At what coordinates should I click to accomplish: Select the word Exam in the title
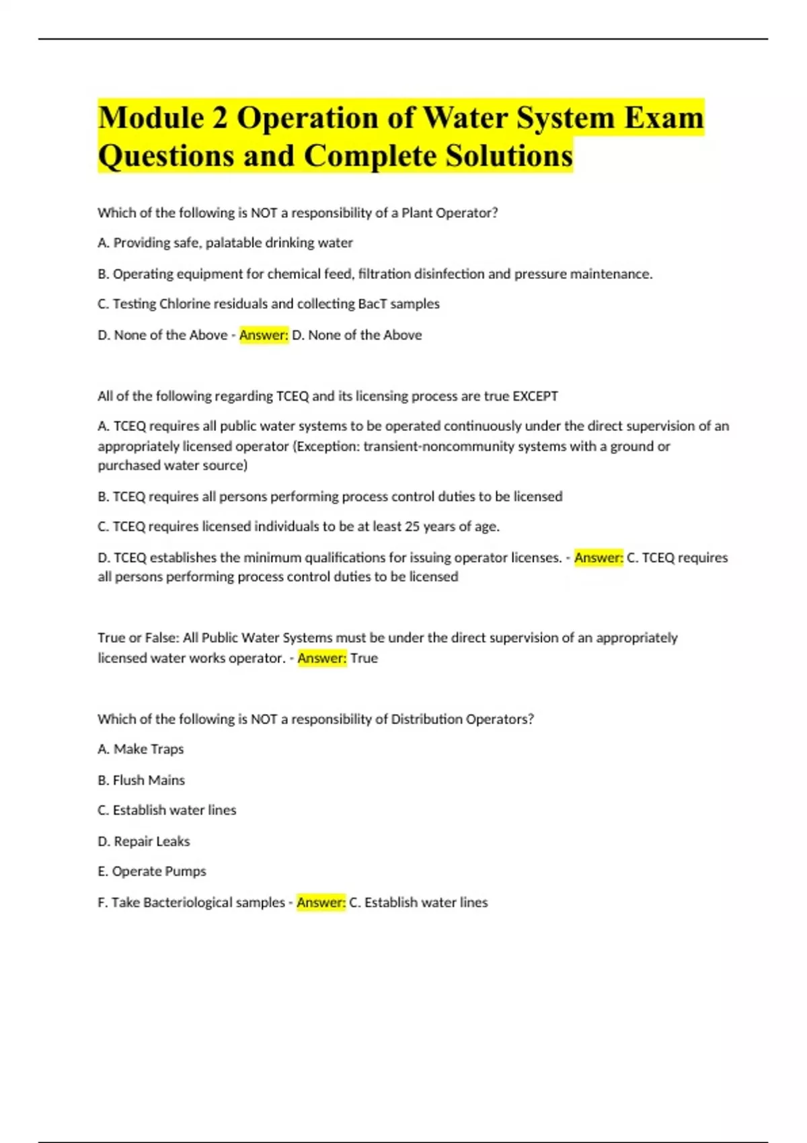point(664,118)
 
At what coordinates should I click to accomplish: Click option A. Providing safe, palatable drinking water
point(225,243)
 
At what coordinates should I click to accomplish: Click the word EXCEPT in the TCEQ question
point(535,396)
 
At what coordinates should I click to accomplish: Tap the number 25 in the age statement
point(412,526)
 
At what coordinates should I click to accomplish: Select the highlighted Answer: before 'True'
point(322,658)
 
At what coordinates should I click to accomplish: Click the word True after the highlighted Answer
point(364,658)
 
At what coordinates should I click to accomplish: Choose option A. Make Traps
point(141,749)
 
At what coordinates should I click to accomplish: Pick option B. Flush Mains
point(141,780)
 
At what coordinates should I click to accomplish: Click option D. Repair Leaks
point(144,841)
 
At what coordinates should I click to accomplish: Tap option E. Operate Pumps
point(152,871)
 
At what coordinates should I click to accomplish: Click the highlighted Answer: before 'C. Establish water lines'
point(321,902)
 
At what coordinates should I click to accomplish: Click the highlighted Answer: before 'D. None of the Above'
point(264,335)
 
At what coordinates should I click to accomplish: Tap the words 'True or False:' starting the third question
point(138,637)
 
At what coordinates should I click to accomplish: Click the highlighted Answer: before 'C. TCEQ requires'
point(599,557)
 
